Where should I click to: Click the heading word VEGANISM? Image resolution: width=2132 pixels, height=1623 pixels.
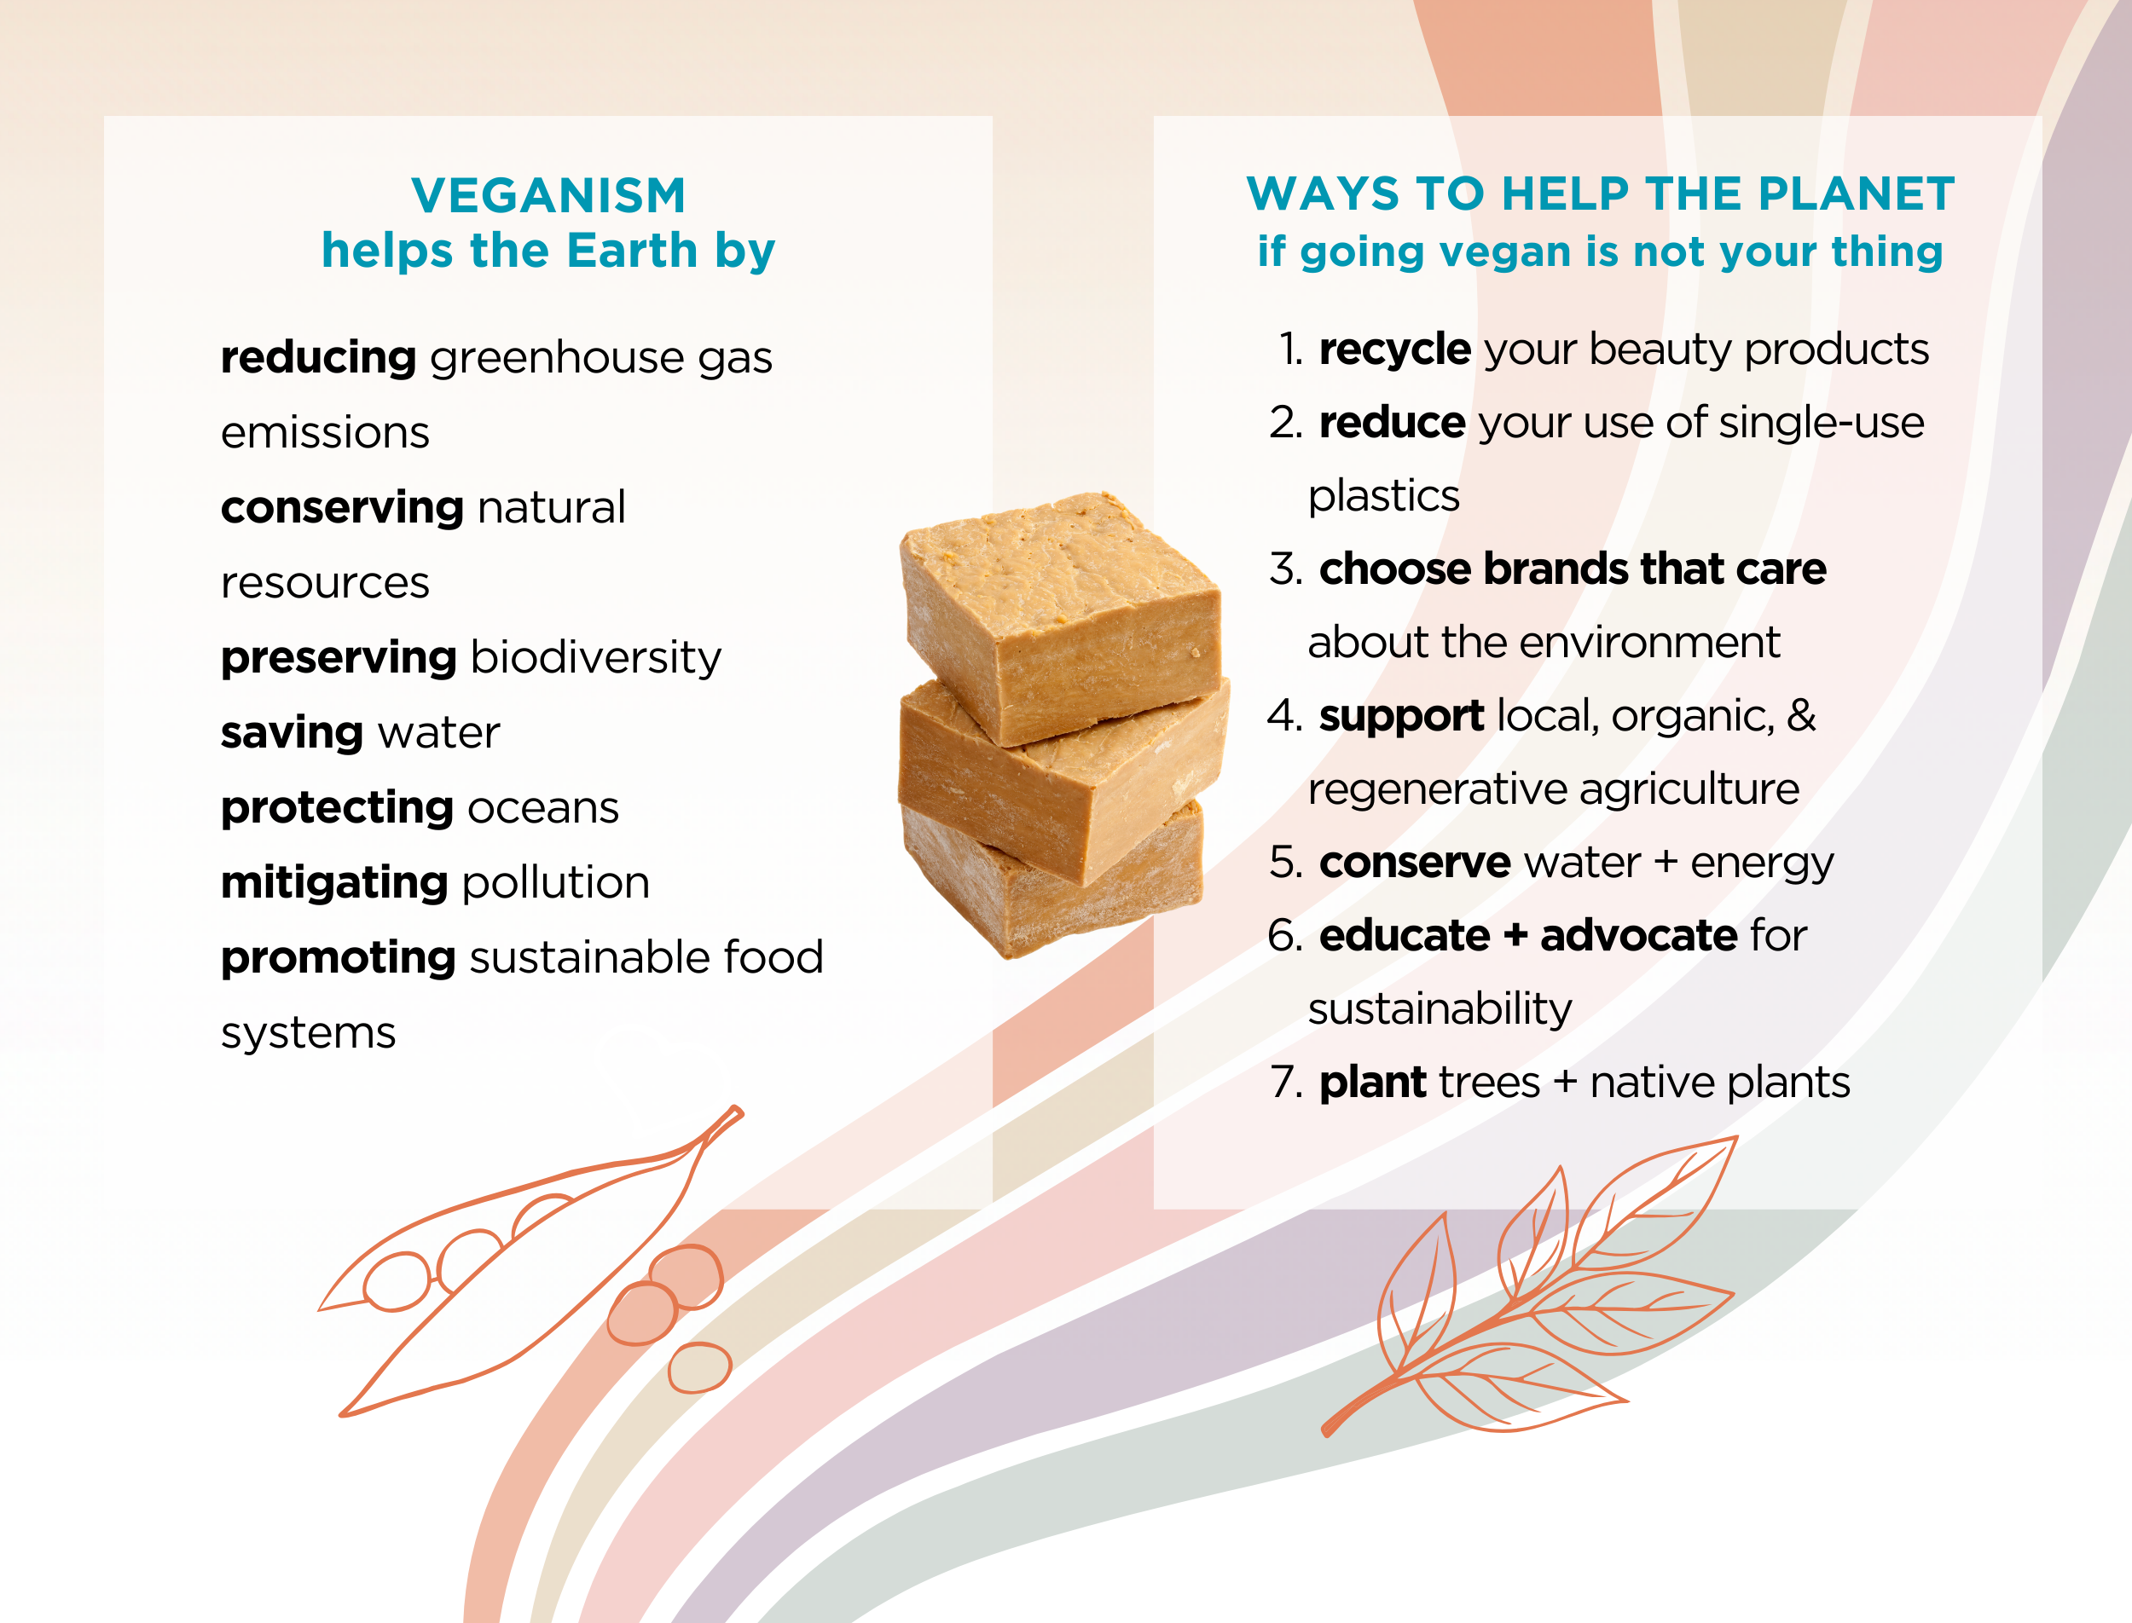click(x=548, y=195)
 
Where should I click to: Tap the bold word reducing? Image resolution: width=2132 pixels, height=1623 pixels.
click(x=318, y=357)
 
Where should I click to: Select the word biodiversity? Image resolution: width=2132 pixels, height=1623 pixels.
click(x=595, y=658)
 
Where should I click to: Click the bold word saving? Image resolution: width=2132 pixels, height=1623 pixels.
click(x=291, y=733)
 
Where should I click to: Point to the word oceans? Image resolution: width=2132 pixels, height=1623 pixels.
click(x=542, y=807)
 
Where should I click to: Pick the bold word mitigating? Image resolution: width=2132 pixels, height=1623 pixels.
click(x=333, y=883)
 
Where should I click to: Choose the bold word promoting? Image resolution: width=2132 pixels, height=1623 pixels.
click(x=338, y=958)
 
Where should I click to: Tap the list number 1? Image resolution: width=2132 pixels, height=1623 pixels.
click(x=1290, y=349)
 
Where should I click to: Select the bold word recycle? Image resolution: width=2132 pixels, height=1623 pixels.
click(x=1393, y=349)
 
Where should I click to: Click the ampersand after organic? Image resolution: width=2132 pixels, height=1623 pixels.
click(x=1800, y=716)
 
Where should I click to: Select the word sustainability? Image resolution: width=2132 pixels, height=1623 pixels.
click(x=1439, y=1009)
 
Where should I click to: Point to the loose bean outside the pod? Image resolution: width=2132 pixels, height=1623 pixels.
click(x=698, y=1367)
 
